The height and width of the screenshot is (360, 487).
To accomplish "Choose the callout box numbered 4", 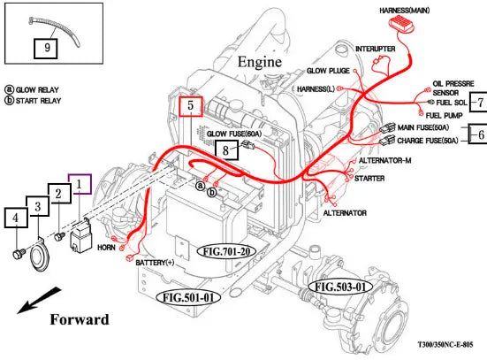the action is pyautogui.click(x=16, y=218).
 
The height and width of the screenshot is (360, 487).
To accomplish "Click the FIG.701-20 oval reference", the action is pyautogui.click(x=227, y=251).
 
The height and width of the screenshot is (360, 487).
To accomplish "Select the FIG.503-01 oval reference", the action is pyautogui.click(x=340, y=287).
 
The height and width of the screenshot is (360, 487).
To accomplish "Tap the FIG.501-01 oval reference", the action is pyautogui.click(x=188, y=298).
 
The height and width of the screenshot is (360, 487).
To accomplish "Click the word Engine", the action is pyautogui.click(x=260, y=62).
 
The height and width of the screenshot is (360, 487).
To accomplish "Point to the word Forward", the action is pyautogui.click(x=80, y=319).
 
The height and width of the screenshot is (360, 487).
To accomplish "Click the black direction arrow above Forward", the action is pyautogui.click(x=39, y=301).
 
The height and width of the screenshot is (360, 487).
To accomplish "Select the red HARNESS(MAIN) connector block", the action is pyautogui.click(x=402, y=24).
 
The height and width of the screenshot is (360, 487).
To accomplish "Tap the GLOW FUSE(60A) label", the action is pyautogui.click(x=234, y=134).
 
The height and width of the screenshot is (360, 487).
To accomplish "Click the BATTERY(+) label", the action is pyautogui.click(x=155, y=263).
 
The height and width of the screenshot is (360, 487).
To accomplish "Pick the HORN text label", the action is pyautogui.click(x=106, y=248).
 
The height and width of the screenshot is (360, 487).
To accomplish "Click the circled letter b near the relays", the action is pyautogui.click(x=212, y=193).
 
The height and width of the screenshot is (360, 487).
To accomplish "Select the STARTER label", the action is pyautogui.click(x=369, y=179).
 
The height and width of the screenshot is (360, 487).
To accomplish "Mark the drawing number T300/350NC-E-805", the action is pyautogui.click(x=445, y=344).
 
